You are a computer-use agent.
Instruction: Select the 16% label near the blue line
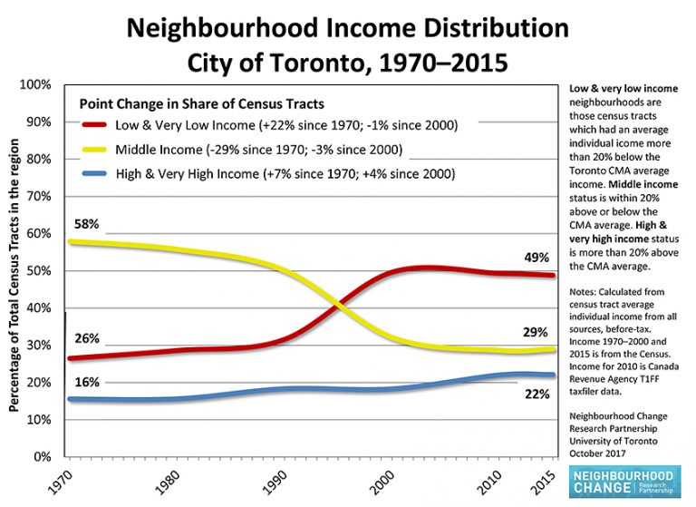(x=87, y=382)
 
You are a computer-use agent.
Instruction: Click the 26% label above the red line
(x=87, y=339)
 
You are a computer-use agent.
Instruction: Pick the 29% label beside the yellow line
(x=535, y=332)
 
